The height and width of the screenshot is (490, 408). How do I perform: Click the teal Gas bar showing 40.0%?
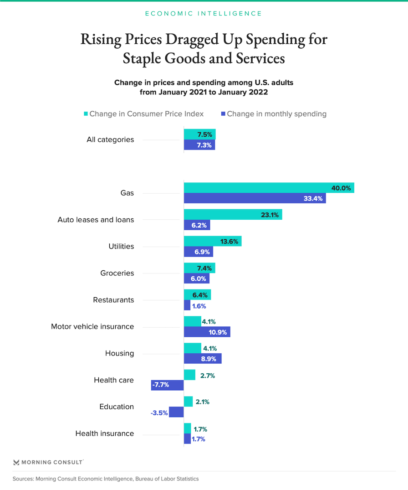(269, 187)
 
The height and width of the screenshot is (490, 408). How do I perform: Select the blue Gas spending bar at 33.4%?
(255, 198)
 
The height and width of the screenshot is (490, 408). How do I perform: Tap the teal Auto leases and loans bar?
(233, 214)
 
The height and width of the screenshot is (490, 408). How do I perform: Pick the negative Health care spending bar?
(167, 385)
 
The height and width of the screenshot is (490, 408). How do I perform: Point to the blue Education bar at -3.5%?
(176, 412)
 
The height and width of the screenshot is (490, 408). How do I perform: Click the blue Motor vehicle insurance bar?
(207, 332)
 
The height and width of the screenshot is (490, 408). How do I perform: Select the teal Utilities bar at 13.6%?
(212, 241)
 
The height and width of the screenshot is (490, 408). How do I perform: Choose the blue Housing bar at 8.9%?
(203, 359)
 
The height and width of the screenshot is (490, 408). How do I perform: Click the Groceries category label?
(117, 273)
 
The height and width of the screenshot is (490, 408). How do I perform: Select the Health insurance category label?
(105, 433)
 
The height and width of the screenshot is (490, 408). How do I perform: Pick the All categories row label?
(110, 139)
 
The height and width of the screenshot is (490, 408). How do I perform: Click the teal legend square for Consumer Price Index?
(85, 114)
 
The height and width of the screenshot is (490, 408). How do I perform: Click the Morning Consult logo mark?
(16, 462)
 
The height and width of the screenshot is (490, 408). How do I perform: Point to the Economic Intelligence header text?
(204, 13)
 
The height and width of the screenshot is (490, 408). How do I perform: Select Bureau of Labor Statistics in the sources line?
(164, 479)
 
